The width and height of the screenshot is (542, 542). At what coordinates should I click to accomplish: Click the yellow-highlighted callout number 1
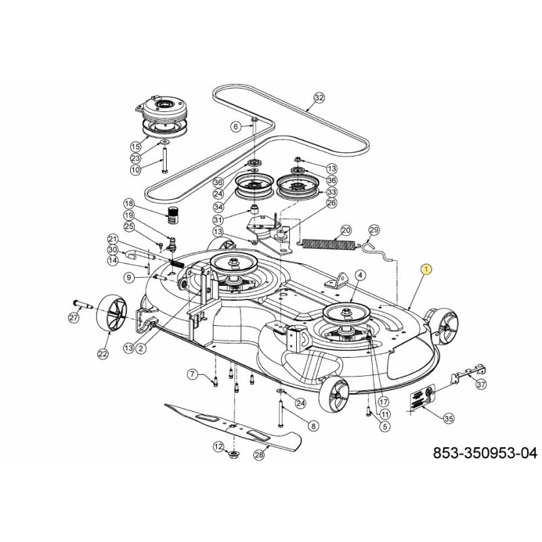pyautogui.click(x=425, y=269)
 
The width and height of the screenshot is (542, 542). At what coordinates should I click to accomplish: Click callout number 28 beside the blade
pyautogui.click(x=257, y=456)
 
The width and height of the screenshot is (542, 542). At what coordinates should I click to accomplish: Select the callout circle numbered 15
pyautogui.click(x=135, y=146)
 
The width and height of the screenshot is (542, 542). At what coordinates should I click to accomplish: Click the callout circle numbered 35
pyautogui.click(x=449, y=419)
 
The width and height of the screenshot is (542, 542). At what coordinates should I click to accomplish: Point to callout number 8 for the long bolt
pyautogui.click(x=313, y=425)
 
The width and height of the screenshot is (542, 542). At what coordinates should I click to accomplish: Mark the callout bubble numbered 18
pyautogui.click(x=129, y=204)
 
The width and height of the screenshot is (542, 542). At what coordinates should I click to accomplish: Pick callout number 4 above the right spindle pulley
pyautogui.click(x=360, y=275)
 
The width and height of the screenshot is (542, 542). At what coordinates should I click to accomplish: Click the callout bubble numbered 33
pyautogui.click(x=333, y=192)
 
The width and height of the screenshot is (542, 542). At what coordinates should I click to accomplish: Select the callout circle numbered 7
pyautogui.click(x=192, y=375)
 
